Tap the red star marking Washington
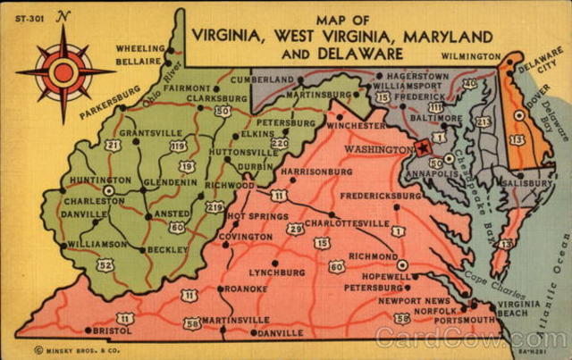(423, 147)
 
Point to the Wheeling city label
(140, 49)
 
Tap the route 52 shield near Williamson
(105, 264)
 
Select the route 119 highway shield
(179, 146)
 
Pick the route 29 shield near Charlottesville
(294, 229)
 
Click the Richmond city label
(373, 256)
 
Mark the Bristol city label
(113, 330)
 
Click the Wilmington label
(470, 55)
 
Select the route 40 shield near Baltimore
(470, 84)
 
